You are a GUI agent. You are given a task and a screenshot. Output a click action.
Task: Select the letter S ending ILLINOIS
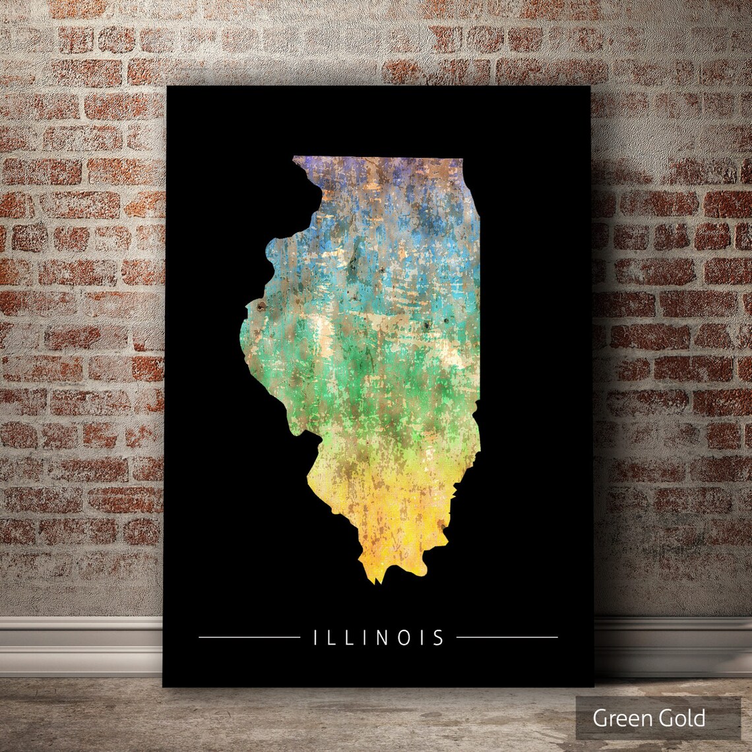coord(438,637)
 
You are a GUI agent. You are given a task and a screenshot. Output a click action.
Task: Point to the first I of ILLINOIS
coord(316,637)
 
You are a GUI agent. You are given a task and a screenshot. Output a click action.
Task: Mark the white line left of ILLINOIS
coord(249,637)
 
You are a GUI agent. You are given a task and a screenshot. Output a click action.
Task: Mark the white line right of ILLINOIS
coord(507,637)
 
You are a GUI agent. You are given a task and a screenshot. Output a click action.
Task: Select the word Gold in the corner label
coord(683,718)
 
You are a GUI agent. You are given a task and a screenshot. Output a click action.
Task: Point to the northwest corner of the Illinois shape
coord(295,158)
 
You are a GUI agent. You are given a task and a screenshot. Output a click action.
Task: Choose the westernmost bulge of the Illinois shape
coord(241,336)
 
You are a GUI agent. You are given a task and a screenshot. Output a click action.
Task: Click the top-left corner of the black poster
coord(167,87)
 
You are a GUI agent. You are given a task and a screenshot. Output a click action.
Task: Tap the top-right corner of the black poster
coord(589,87)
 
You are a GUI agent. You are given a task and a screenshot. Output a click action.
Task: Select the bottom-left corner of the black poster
coord(164,686)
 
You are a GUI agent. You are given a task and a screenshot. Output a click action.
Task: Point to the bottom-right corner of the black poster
coord(593,686)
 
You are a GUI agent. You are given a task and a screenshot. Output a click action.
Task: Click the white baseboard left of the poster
coord(79,643)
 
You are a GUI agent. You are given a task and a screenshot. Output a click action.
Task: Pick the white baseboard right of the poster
coord(673,643)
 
